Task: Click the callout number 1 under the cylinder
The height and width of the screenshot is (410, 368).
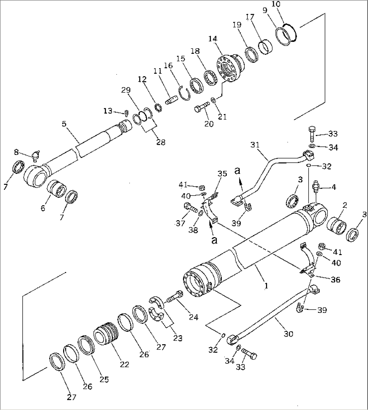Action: click(266, 286)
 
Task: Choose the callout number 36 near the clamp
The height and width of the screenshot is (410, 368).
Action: click(336, 279)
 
